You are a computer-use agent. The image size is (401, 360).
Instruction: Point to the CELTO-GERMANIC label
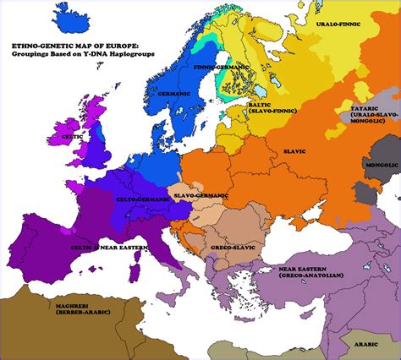[x=142, y=200]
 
